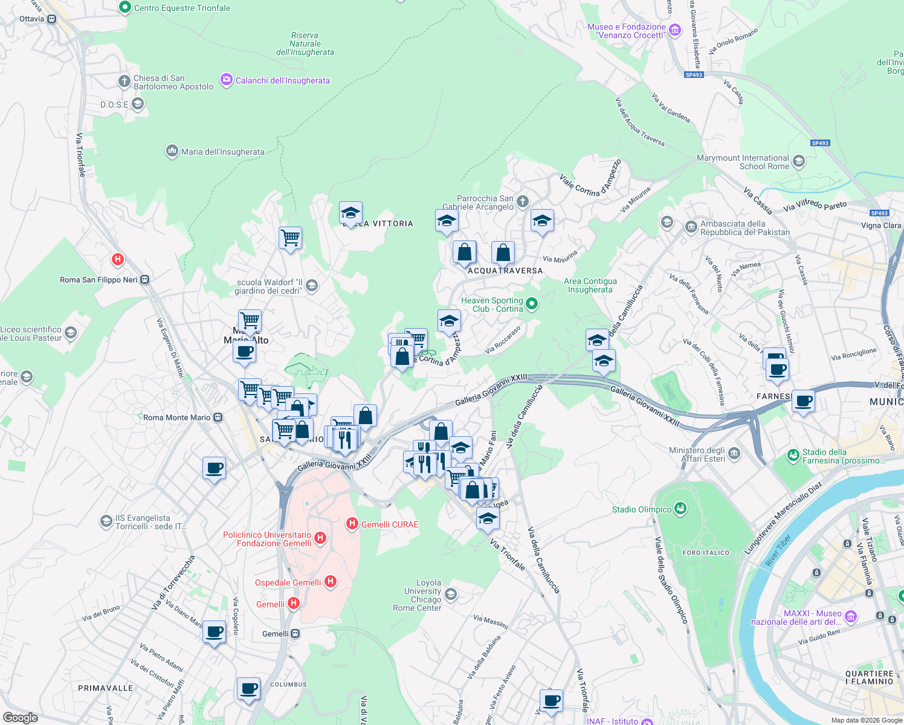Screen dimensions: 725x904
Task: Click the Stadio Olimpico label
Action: point(642,509)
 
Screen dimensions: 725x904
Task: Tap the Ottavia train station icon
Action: point(52,19)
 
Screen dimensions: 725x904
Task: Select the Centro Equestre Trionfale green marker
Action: point(125,8)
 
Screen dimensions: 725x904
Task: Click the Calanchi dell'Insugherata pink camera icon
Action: point(227,80)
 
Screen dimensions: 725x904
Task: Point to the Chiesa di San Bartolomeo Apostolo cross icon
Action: point(124,82)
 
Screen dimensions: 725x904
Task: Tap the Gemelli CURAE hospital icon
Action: point(352,524)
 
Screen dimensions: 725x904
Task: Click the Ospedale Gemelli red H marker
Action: point(330,582)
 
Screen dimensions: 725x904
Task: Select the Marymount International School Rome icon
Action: point(799,161)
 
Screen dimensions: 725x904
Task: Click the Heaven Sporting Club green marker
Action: point(532,304)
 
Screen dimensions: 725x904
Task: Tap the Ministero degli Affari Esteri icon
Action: point(734,453)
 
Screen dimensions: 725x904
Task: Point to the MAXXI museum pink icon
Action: point(851,617)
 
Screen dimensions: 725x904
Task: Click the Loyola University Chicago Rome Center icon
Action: point(450,594)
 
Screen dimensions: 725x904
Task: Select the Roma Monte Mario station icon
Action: point(218,417)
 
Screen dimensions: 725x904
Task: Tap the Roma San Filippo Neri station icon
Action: point(145,280)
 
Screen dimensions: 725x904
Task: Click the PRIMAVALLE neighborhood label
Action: point(106,688)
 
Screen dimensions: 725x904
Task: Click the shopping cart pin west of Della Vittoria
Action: point(290,238)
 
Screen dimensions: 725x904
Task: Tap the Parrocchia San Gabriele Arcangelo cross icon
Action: point(523,202)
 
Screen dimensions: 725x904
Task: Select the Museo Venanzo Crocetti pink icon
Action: point(675,30)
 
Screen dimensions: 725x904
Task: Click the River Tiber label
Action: point(778,550)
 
